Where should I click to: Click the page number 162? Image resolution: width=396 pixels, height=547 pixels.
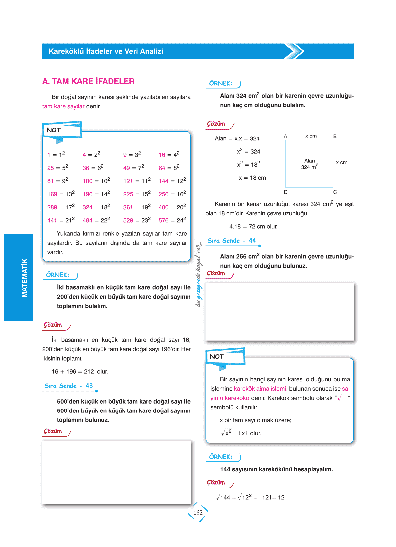[x=198, y=513]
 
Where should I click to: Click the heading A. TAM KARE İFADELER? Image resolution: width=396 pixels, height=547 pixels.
[x=88, y=81]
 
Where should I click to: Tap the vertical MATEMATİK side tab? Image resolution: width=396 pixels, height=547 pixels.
[x=24, y=278]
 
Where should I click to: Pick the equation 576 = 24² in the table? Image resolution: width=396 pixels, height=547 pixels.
[x=172, y=220]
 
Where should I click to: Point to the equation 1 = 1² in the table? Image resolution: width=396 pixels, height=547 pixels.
[x=56, y=155]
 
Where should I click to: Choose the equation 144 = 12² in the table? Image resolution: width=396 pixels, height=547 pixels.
[x=172, y=181]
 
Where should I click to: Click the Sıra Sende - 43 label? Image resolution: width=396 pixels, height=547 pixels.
[x=69, y=386]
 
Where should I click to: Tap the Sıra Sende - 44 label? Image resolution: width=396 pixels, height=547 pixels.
[x=232, y=241]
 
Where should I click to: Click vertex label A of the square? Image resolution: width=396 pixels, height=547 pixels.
[x=285, y=137]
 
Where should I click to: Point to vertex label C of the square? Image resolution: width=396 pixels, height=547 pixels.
[x=335, y=192]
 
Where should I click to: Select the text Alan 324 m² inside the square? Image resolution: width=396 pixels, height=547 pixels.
[x=309, y=164]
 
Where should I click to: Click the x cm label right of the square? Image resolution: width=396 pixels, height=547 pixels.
[x=341, y=163]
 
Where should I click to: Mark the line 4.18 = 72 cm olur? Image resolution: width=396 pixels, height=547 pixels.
[x=253, y=227]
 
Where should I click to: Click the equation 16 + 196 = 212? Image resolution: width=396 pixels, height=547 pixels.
[x=73, y=372]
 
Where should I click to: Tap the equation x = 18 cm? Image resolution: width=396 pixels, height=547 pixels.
[x=252, y=178]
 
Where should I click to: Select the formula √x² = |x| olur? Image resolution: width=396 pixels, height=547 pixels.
[x=241, y=433]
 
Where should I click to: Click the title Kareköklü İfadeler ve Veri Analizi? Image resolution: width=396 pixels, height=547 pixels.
[x=106, y=51]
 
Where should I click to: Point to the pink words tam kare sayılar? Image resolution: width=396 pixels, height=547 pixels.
[x=63, y=106]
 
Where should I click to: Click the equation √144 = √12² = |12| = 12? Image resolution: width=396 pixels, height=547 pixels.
[x=250, y=497]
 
